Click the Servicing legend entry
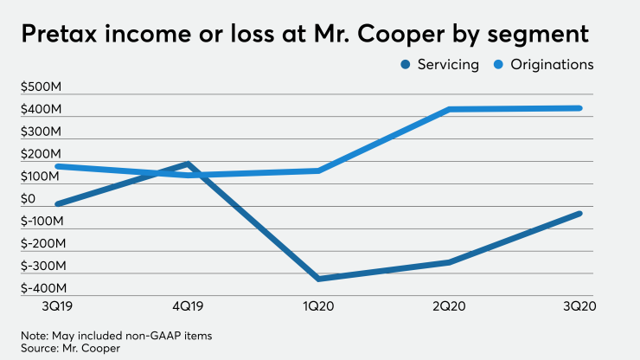[440, 65]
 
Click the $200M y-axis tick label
[40, 154]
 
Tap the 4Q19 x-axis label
[188, 305]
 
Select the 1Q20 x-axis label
[318, 305]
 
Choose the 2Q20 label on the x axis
[450, 305]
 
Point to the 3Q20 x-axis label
[579, 305]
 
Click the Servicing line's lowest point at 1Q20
[318, 279]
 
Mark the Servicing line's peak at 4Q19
[187, 164]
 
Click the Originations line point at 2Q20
[450, 109]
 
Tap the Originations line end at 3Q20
[579, 108]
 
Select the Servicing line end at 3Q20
[579, 213]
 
